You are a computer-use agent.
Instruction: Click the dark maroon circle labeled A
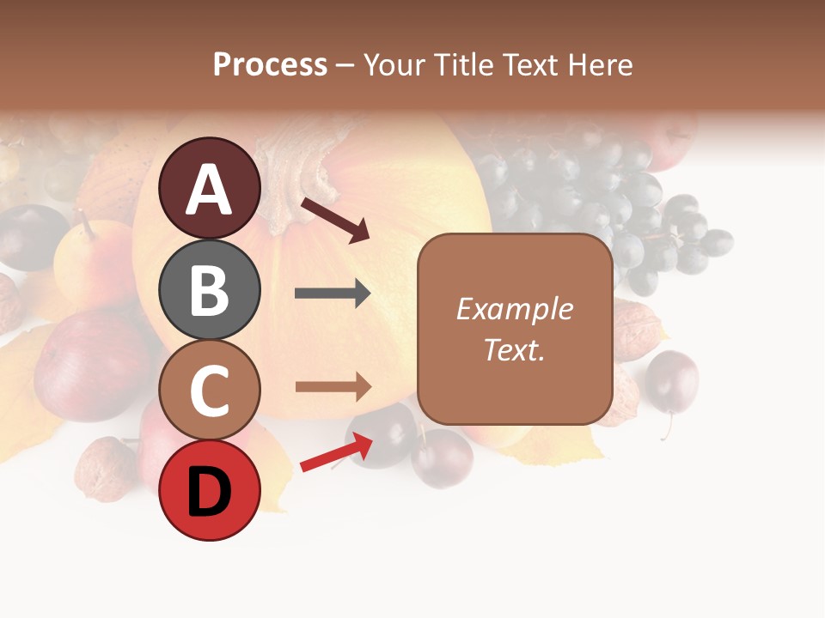[209, 188]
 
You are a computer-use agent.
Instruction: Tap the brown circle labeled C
[209, 391]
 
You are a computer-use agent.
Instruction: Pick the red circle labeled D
[209, 491]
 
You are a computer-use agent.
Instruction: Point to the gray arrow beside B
[333, 294]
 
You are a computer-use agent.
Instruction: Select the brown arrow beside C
[333, 387]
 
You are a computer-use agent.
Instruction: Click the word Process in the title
[270, 64]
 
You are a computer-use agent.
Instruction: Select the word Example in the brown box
[514, 309]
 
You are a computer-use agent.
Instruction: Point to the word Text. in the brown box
[514, 349]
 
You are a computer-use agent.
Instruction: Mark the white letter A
[209, 189]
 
